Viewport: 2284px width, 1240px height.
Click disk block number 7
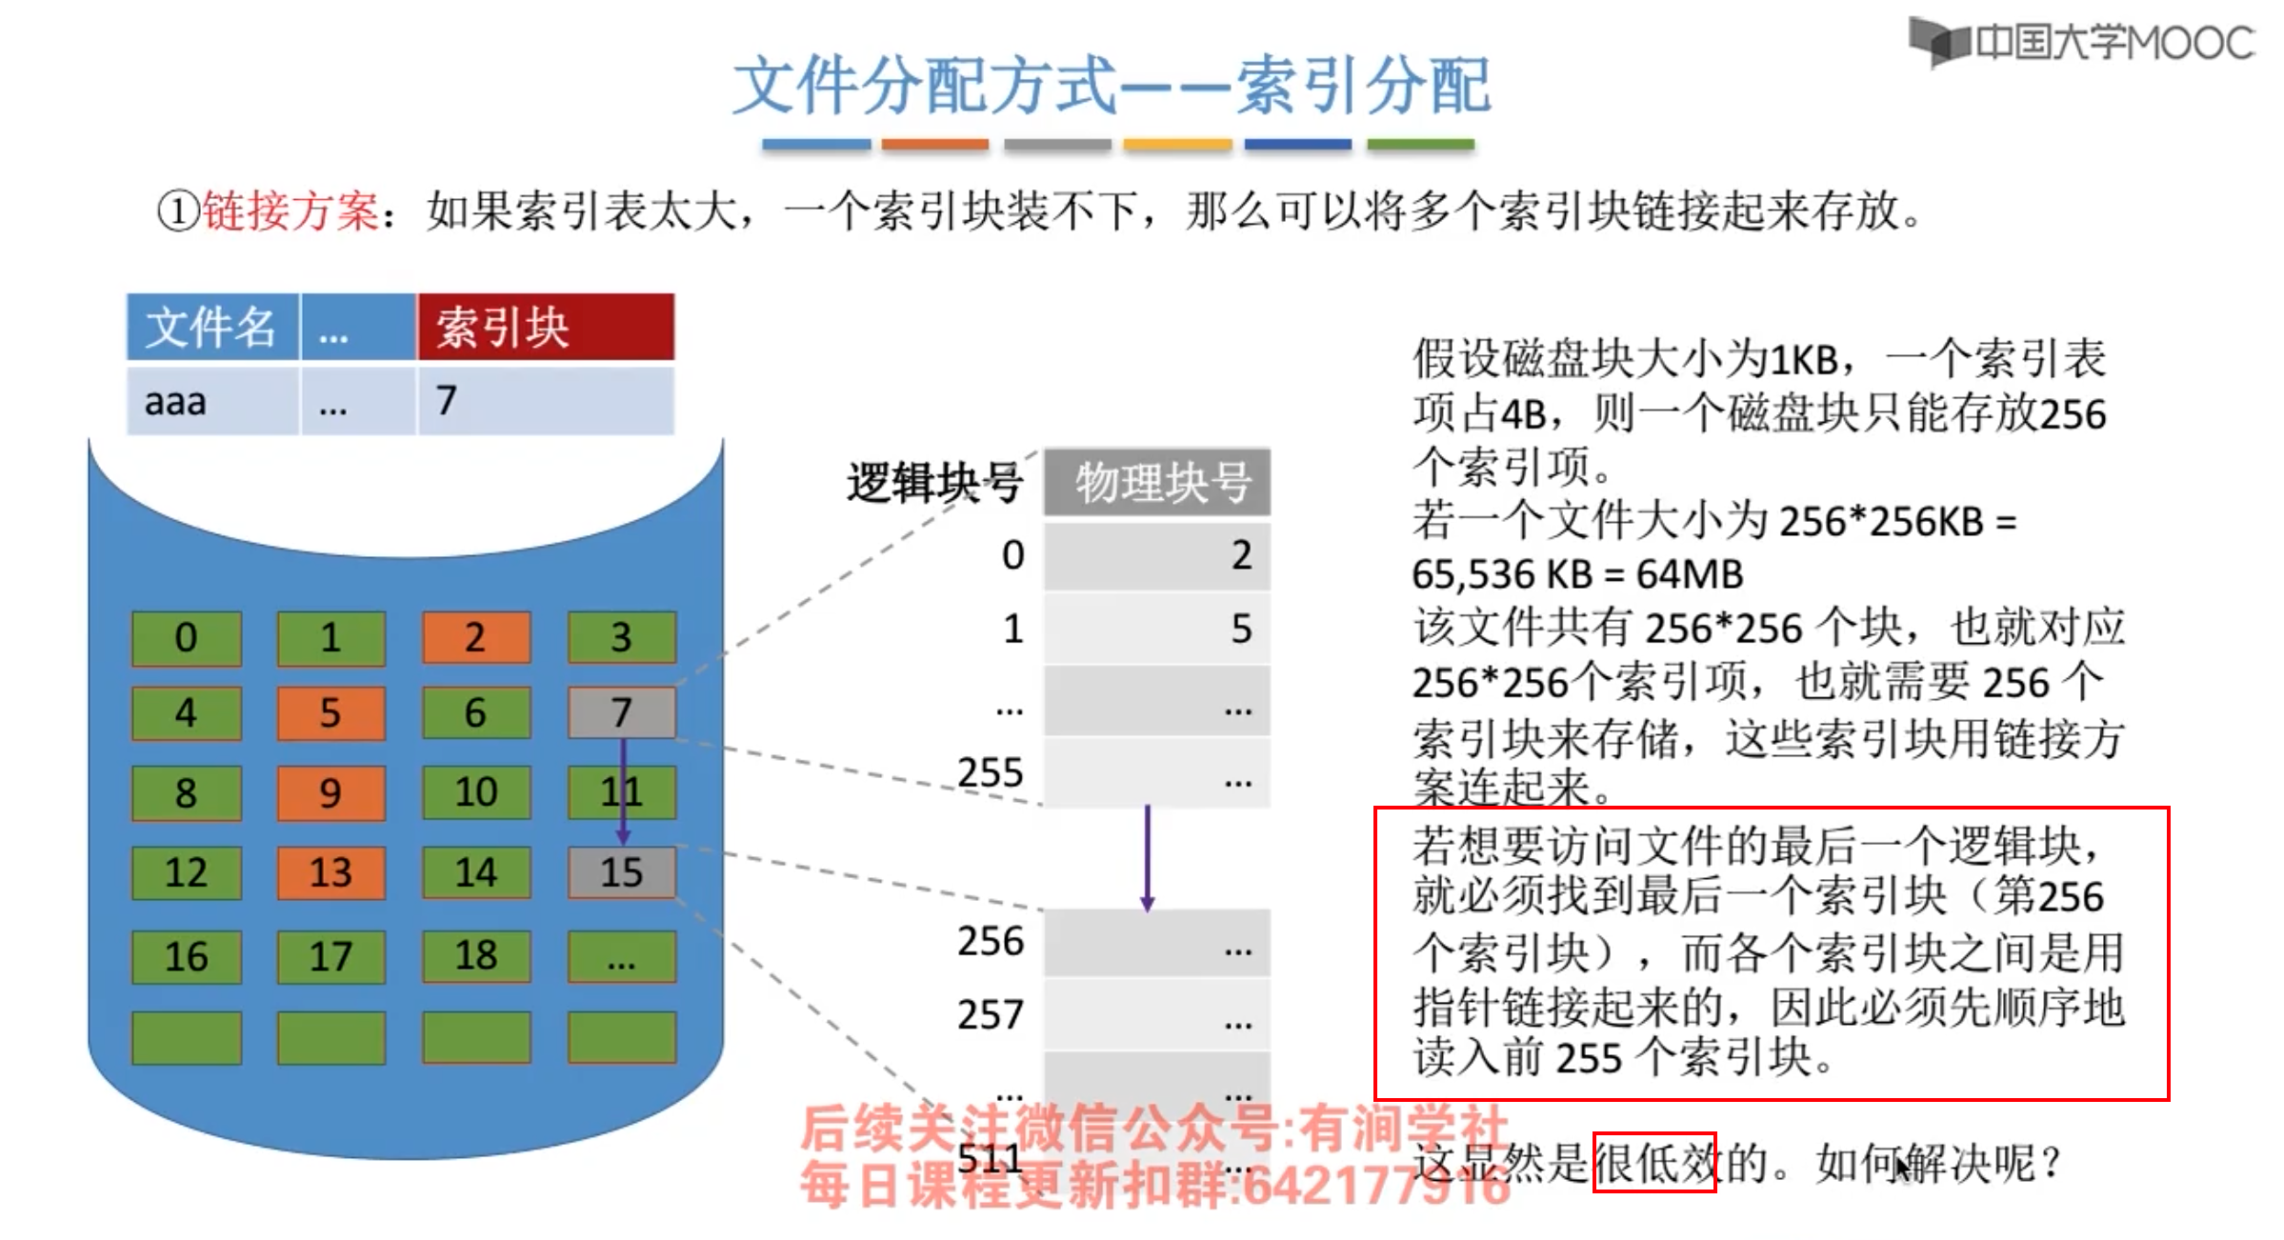pyautogui.click(x=621, y=712)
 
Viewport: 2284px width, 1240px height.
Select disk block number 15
pyautogui.click(x=621, y=872)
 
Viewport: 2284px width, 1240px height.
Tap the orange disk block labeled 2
pyautogui.click(x=476, y=637)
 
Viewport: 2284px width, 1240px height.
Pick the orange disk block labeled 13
pyautogui.click(x=331, y=872)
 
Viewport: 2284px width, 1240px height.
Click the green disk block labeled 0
pyautogui.click(x=186, y=637)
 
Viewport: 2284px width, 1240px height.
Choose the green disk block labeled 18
pyautogui.click(x=476, y=955)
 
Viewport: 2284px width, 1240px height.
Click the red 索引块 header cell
pyautogui.click(x=545, y=328)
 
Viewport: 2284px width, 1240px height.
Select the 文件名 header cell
pyautogui.click(x=211, y=328)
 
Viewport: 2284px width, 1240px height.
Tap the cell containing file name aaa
pyautogui.click(x=211, y=402)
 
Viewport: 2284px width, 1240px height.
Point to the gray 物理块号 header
pyautogui.click(x=1157, y=482)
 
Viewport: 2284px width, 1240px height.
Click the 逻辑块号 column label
pyautogui.click(x=934, y=482)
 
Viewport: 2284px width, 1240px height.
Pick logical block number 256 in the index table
pyautogui.click(x=991, y=942)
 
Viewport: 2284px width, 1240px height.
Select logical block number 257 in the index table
pyautogui.click(x=991, y=1015)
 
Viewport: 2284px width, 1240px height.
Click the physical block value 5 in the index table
pyautogui.click(x=1240, y=629)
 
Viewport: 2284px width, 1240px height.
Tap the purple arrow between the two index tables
pyautogui.click(x=1148, y=857)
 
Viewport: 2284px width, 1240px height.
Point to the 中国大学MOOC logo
pyautogui.click(x=2082, y=43)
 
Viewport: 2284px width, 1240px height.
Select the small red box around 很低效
pyautogui.click(x=1654, y=1162)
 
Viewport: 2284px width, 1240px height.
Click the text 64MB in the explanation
pyautogui.click(x=1690, y=574)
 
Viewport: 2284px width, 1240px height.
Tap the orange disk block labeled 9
pyautogui.click(x=331, y=792)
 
